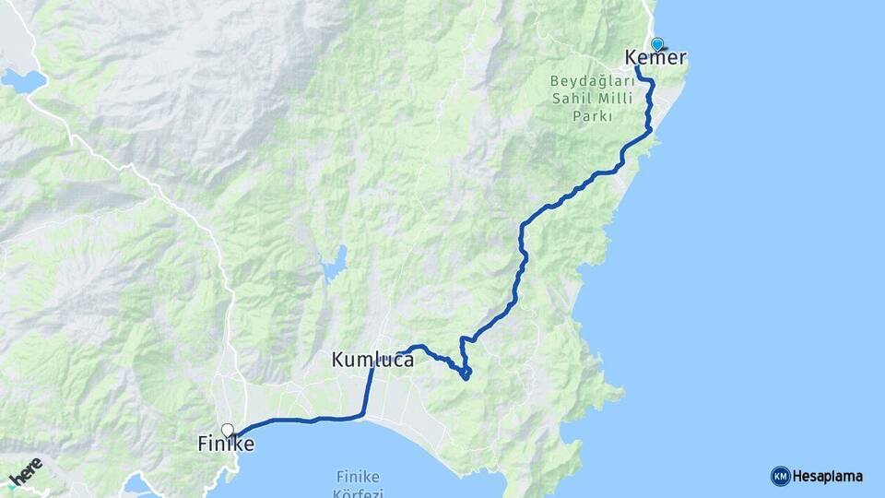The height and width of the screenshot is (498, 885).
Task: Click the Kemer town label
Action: tap(655, 58)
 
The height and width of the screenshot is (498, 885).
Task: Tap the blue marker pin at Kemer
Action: tap(657, 43)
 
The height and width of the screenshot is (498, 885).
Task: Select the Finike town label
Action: tap(226, 445)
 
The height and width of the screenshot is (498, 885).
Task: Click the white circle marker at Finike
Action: tap(227, 429)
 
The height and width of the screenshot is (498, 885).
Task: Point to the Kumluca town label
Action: tap(372, 361)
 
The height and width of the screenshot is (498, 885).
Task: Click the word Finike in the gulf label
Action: tap(358, 477)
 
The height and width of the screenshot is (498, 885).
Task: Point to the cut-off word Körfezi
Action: tap(358, 492)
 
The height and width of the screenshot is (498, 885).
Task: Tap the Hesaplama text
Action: tap(827, 477)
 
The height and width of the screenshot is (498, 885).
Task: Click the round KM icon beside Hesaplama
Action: tap(780, 477)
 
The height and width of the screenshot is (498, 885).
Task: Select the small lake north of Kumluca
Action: tap(334, 265)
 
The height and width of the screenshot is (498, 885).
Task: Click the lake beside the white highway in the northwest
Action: tap(23, 81)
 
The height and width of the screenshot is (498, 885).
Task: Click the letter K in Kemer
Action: tap(632, 58)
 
